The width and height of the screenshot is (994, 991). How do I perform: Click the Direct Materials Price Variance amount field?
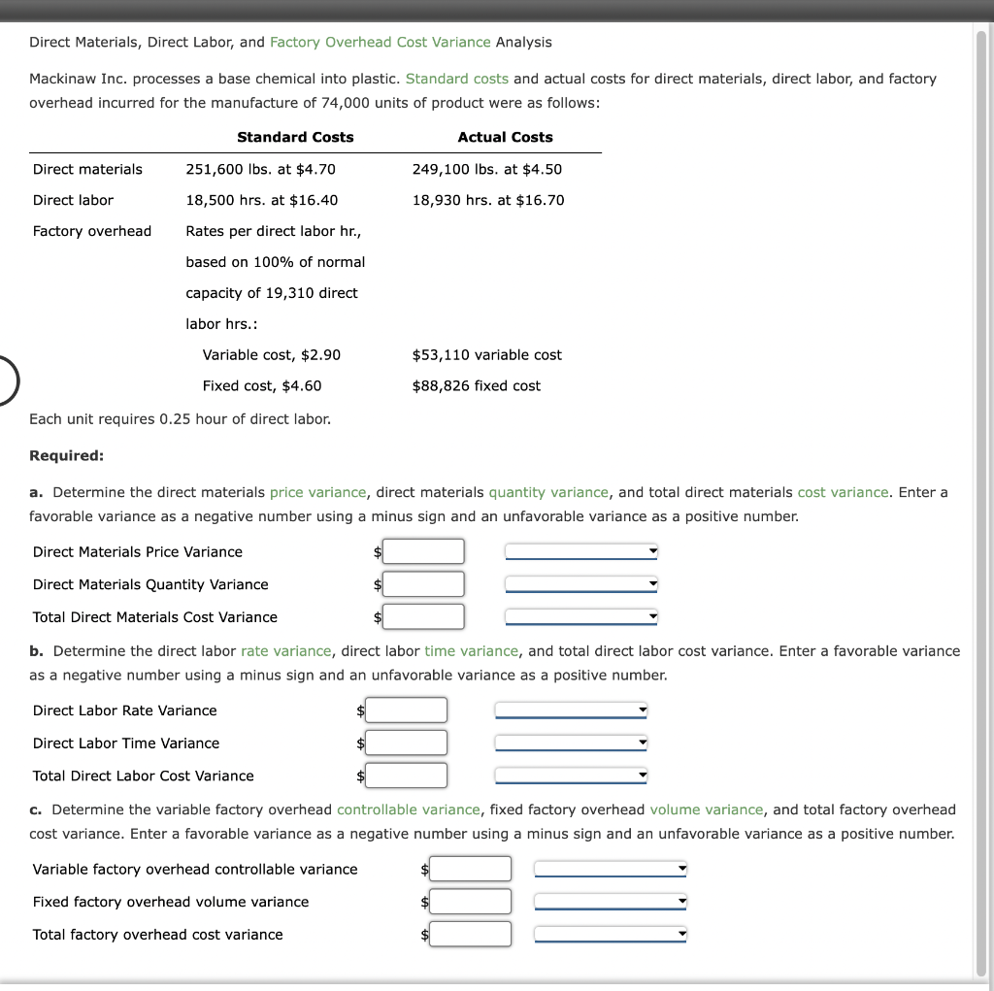pos(424,551)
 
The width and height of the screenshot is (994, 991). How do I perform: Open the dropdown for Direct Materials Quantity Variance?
pos(581,584)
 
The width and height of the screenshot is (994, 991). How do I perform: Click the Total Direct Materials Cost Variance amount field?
pos(424,616)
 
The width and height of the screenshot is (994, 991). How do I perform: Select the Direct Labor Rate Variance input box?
pos(407,710)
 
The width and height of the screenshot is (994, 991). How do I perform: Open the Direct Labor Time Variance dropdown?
pos(571,743)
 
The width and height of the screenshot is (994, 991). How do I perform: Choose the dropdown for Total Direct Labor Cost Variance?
pos(571,776)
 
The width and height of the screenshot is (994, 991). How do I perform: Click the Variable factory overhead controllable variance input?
pos(471,869)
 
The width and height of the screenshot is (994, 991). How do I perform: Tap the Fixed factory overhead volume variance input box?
pos(471,902)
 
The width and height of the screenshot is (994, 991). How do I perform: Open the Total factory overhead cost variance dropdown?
pos(611,935)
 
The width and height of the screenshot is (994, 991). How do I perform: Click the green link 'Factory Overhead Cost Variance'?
pos(380,42)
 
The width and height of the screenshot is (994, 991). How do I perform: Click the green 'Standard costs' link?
pos(456,79)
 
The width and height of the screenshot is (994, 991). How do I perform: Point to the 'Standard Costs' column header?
pos(295,137)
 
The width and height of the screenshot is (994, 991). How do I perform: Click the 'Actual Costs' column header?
pos(505,137)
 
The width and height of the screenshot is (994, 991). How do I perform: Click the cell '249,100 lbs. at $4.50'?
pos(486,169)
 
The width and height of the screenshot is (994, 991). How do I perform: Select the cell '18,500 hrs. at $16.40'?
pos(262,200)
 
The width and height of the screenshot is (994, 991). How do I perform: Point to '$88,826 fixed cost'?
pos(476,385)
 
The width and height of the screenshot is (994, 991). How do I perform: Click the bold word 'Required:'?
pos(66,455)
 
